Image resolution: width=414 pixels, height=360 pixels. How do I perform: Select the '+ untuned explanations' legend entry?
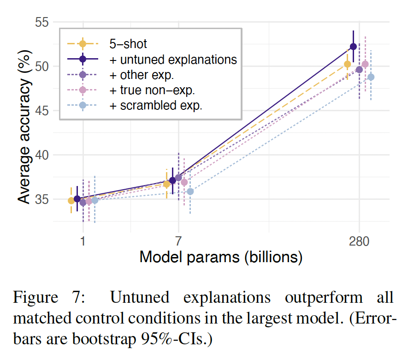(x=173, y=60)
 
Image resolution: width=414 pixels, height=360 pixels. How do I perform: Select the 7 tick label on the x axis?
(x=178, y=240)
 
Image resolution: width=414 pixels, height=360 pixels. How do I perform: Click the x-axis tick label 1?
(x=83, y=240)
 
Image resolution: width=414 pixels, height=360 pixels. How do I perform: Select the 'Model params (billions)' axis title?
(x=221, y=257)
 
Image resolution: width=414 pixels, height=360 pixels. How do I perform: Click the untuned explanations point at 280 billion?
(x=353, y=47)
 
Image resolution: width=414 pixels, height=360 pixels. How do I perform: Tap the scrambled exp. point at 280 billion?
(x=371, y=77)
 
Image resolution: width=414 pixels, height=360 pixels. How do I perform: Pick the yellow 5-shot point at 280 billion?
(x=348, y=64)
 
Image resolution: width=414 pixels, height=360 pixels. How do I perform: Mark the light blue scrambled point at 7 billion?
(x=190, y=192)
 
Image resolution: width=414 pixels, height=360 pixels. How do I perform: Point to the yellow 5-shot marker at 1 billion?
(x=71, y=201)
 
